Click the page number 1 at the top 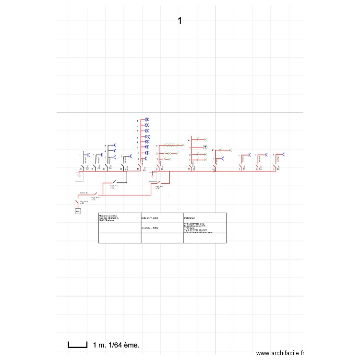point(180,21)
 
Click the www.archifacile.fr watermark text point(280,353)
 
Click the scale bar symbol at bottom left point(77,344)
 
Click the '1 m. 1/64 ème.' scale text point(116,345)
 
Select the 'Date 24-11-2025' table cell point(150,218)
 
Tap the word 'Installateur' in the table point(190,218)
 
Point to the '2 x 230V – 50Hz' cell point(151,228)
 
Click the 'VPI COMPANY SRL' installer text point(194,224)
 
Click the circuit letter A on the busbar point(80,169)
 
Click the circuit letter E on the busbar point(138,169)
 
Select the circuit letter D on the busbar point(121,169)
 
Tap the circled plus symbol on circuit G point(205,147)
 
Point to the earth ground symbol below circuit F point(153,177)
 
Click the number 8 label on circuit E point(138,120)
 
